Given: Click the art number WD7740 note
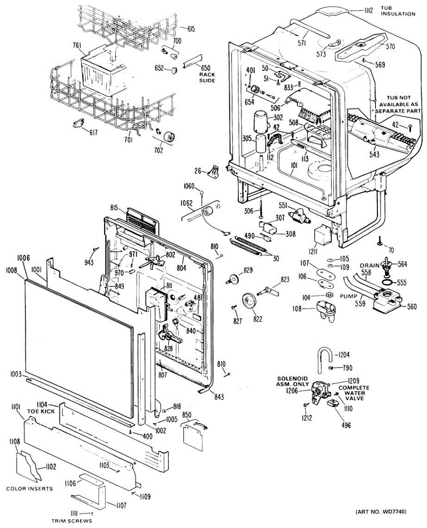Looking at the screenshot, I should [381, 512].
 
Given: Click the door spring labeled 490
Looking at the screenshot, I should [248, 244].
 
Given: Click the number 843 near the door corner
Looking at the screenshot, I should [219, 396].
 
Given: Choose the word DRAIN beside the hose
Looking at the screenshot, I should [369, 266].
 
